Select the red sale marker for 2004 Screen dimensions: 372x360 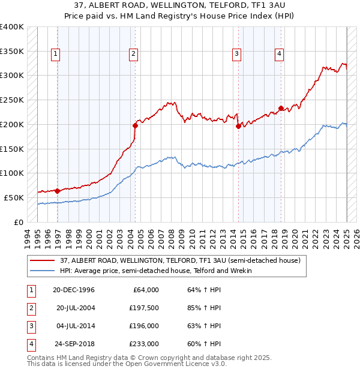[x=135, y=125]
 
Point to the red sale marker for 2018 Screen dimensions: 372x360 [x=281, y=108]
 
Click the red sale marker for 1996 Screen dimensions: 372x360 [x=58, y=191]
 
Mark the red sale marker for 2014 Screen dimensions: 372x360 [x=238, y=126]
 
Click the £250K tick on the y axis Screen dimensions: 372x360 [x=12, y=100]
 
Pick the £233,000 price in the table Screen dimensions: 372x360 [x=145, y=344]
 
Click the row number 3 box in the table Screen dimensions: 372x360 [x=30, y=326]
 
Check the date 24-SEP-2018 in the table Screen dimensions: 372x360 [x=76, y=344]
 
